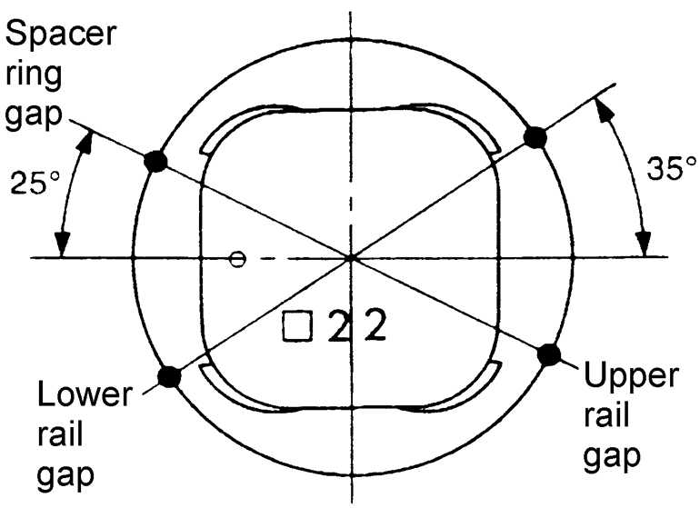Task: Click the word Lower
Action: [83, 396]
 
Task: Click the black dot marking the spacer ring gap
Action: [157, 162]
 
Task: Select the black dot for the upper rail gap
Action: [548, 354]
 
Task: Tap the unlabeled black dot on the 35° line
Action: [535, 137]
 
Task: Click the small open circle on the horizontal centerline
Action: [237, 259]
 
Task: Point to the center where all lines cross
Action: [351, 259]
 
